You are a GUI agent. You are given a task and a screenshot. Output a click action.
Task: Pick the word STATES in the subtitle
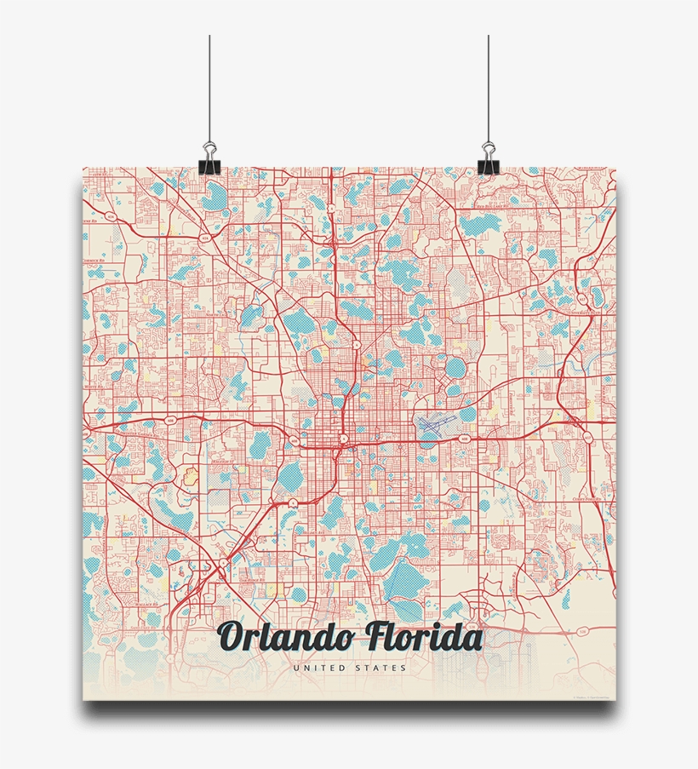[x=382, y=669]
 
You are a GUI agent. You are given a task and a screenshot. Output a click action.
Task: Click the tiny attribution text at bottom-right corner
[x=592, y=697]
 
